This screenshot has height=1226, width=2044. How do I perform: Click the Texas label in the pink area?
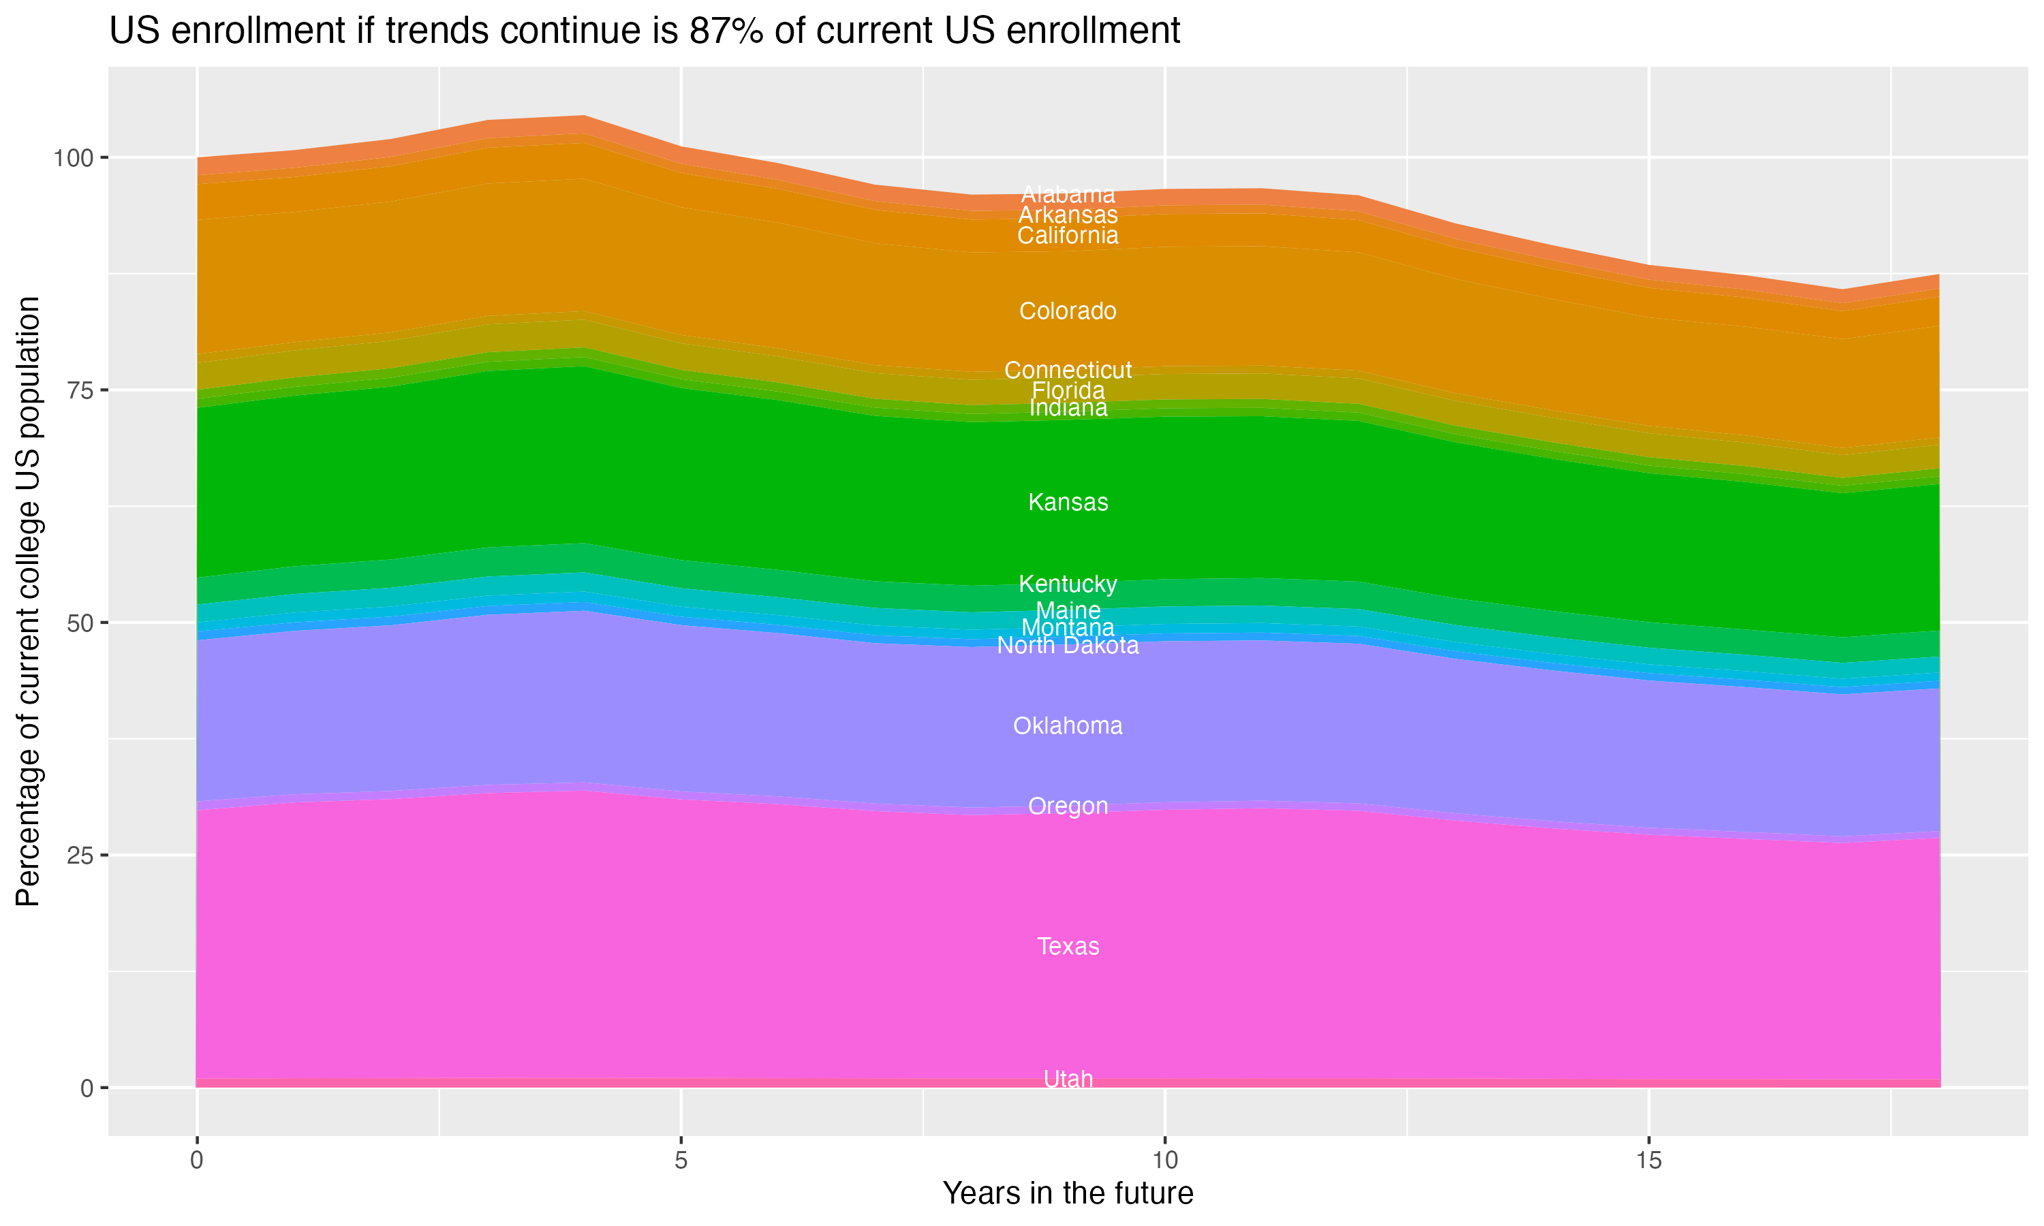coord(1068,946)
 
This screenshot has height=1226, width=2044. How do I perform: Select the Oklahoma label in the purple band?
coord(1068,725)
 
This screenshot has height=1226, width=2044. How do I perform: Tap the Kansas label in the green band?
coord(1068,502)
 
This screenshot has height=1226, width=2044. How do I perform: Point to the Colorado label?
coord(1068,311)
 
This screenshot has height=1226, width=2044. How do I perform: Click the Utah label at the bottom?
coord(1068,1079)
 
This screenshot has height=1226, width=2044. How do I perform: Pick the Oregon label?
coord(1068,806)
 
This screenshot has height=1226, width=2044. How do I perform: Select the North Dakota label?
coord(1068,645)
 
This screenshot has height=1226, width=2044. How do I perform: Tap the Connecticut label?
coord(1068,370)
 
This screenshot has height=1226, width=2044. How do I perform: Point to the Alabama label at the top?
coord(1068,194)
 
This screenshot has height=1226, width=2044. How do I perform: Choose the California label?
coord(1068,236)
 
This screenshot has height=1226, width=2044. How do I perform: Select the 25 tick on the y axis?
coord(81,855)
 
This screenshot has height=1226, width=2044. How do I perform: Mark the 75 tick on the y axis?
coord(81,390)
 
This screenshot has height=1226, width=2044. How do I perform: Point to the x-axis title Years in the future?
coord(1068,1193)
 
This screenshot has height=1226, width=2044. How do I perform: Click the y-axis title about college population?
coord(28,601)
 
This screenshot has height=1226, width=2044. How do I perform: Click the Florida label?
coord(1068,390)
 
